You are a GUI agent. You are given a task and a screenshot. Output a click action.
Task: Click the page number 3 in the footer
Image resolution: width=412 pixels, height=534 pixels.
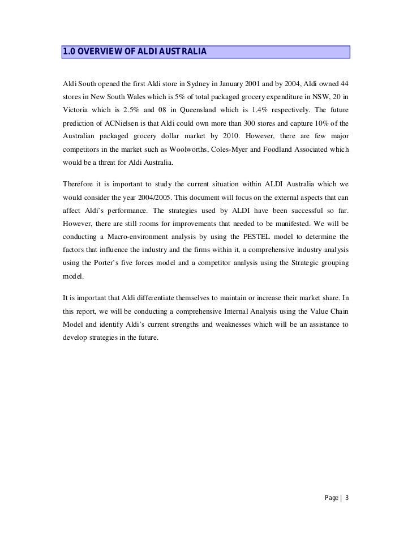[347, 498]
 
